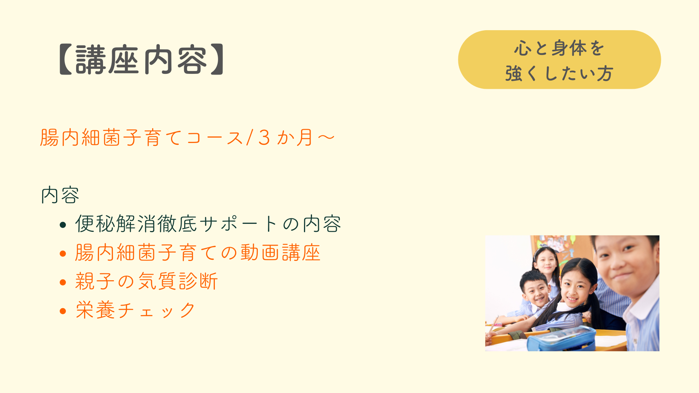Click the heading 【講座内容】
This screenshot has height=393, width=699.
click(x=141, y=60)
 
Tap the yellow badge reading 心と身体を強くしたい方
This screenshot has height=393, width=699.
click(x=559, y=60)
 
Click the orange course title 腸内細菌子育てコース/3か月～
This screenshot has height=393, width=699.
click(x=187, y=138)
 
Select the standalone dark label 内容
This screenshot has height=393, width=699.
click(x=60, y=195)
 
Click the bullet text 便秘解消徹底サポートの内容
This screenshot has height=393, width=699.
click(x=208, y=223)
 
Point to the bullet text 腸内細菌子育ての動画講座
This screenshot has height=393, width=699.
click(x=198, y=253)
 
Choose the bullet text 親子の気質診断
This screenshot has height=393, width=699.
click(x=146, y=281)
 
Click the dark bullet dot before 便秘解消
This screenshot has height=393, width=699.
click(x=63, y=225)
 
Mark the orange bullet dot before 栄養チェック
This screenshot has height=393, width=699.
click(x=63, y=311)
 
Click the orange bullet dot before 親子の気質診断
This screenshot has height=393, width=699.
click(x=63, y=282)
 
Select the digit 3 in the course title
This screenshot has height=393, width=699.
click(x=264, y=138)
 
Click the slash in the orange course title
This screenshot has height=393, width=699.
click(x=250, y=138)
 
